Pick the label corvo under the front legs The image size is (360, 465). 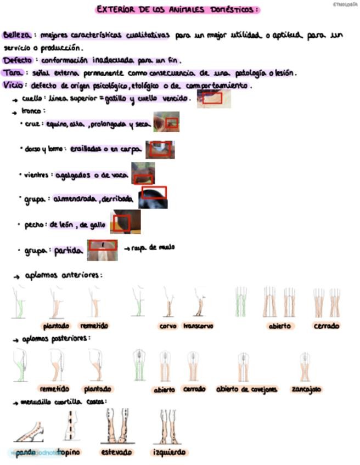167,326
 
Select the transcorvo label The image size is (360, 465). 198,326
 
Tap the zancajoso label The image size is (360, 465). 306,389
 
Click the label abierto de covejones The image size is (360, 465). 246,389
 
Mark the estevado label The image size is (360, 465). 116,452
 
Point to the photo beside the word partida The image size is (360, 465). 103,249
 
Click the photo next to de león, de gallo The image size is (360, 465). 125,222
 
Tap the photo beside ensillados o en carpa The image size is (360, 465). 160,149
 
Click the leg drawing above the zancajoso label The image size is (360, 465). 305,366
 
